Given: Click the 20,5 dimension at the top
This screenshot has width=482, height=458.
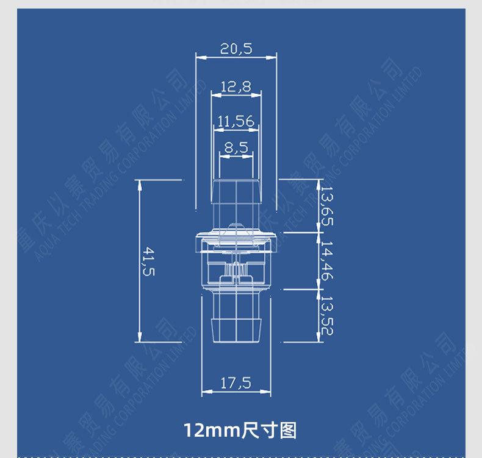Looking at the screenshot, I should tap(236, 49).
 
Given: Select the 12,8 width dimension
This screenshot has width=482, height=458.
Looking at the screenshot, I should tap(236, 87).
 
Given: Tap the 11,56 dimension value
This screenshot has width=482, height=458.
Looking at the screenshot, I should tap(236, 121).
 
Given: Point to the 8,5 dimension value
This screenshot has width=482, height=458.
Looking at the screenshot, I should tap(236, 147).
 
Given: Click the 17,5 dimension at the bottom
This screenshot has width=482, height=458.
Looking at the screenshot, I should tap(236, 382).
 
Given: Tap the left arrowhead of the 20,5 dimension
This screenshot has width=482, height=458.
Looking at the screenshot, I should tap(199, 57).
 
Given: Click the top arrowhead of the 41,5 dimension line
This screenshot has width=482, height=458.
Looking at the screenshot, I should tap(139, 183).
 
